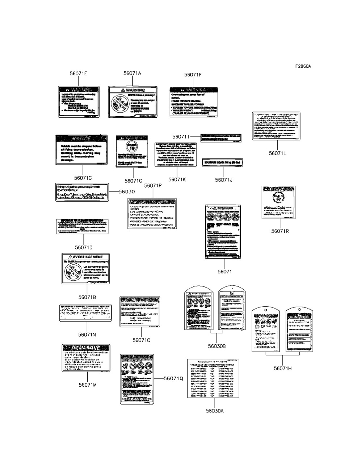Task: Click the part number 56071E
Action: point(78,74)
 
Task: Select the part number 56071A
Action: point(132,73)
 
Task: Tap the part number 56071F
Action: point(193,75)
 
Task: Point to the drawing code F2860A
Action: point(303,66)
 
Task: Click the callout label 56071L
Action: point(277,153)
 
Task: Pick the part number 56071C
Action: point(83,178)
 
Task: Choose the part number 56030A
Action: point(215,411)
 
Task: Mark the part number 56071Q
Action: point(173,378)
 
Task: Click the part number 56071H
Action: point(283,368)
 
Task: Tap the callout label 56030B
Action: point(217,346)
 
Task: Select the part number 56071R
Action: point(280,231)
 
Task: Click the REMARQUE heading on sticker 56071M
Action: point(86,348)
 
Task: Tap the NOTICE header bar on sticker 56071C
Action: point(81,139)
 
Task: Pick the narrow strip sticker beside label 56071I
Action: point(221,138)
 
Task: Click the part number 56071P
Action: point(153,185)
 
